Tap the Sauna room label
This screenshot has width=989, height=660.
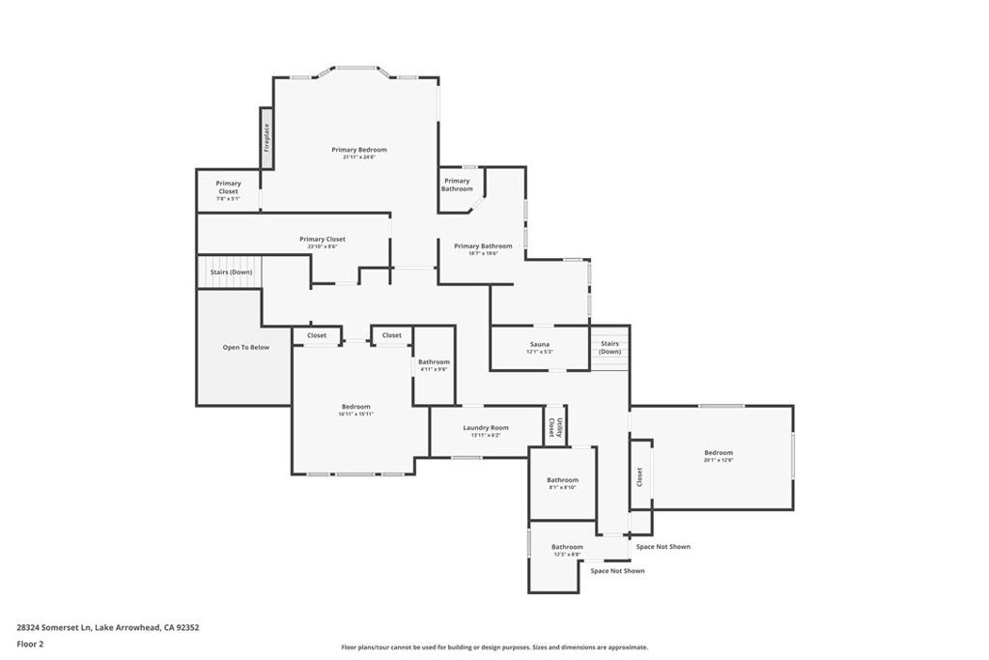(539, 344)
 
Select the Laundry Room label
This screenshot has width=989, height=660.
(485, 427)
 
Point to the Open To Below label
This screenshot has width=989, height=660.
(245, 347)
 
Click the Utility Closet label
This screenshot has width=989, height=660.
(552, 426)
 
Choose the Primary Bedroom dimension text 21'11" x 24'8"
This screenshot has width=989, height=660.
(358, 158)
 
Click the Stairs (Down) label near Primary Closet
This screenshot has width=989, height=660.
(231, 273)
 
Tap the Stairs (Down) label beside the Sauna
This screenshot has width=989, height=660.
(609, 347)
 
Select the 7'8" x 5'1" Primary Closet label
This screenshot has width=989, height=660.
(228, 198)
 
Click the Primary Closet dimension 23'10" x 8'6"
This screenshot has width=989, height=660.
(322, 246)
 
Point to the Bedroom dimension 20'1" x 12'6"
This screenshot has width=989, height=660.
(719, 460)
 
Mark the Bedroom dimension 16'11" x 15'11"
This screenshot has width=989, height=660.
(355, 414)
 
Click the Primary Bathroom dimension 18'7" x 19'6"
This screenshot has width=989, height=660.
(483, 253)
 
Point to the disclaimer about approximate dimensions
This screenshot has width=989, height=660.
(494, 647)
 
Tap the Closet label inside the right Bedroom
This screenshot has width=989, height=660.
(639, 477)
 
